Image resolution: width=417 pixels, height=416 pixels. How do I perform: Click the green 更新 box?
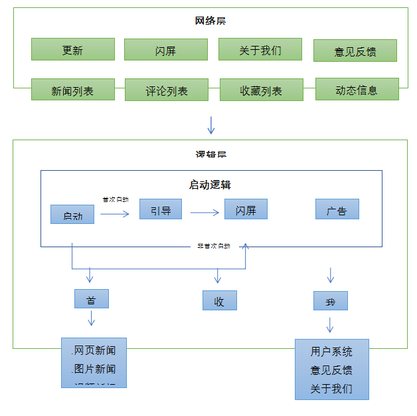[73, 49]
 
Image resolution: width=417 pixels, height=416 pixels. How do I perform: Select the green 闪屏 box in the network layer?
[166, 50]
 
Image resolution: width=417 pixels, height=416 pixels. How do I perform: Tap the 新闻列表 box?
[73, 90]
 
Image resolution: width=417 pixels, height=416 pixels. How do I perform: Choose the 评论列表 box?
[167, 90]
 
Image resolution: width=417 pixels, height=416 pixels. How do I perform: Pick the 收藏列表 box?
[261, 90]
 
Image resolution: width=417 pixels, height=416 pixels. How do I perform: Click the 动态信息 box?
[357, 89]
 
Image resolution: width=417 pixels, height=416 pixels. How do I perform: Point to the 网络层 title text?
[210, 21]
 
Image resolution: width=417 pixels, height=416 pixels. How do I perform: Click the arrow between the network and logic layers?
[211, 124]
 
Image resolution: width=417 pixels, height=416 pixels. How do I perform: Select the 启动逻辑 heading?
[210, 185]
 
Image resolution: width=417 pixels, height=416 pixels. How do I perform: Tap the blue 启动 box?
[72, 215]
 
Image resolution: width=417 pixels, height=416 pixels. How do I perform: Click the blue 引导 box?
[160, 210]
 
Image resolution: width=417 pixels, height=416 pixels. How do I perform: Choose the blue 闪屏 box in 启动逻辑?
[246, 209]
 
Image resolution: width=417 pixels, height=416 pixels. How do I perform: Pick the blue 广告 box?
[337, 210]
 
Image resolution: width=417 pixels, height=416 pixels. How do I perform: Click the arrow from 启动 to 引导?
[115, 213]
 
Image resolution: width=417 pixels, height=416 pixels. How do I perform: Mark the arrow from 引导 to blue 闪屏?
[205, 213]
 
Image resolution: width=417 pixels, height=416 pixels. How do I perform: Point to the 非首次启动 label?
[213, 246]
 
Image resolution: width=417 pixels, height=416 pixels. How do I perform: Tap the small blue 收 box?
[219, 301]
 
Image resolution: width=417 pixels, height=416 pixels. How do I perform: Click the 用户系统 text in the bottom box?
[331, 352]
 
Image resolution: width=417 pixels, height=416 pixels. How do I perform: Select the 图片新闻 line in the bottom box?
[94, 368]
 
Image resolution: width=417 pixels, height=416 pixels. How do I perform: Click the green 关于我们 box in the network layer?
[260, 49]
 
